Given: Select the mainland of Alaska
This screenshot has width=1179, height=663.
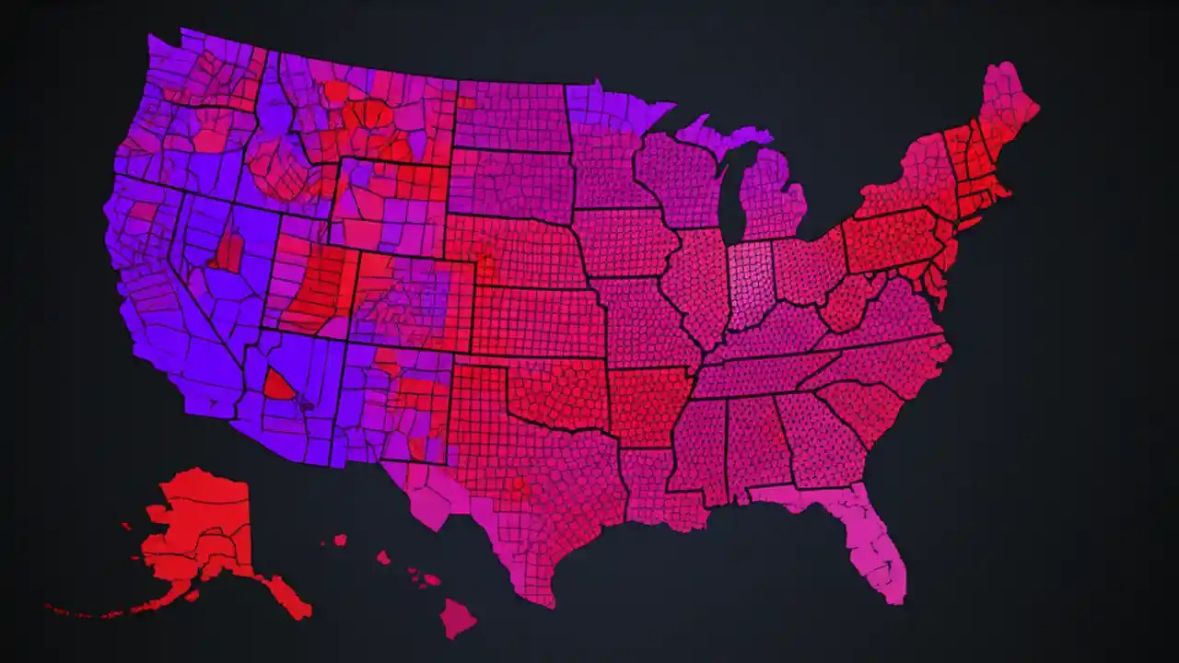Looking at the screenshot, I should click(198, 525).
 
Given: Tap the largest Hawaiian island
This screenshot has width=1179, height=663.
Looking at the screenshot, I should click(457, 617).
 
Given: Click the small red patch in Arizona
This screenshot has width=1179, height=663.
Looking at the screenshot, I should click(278, 384).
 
